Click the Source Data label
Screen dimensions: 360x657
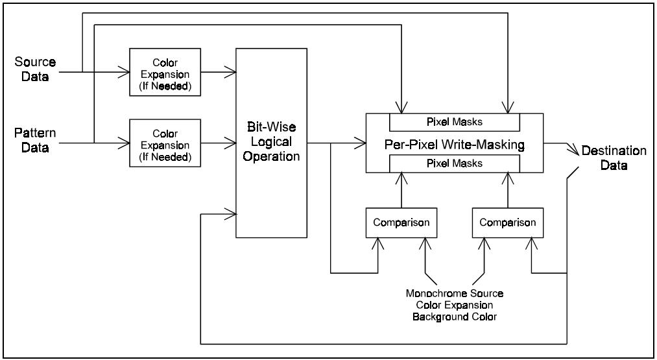(35, 68)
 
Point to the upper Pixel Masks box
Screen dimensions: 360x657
(454, 122)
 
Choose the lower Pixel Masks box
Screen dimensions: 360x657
(454, 163)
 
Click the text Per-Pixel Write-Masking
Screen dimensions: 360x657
(454, 143)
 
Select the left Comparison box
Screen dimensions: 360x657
(401, 222)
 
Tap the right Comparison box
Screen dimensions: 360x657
(508, 222)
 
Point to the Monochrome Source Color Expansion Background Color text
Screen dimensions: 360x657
(454, 305)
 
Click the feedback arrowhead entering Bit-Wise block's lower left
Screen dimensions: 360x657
(231, 213)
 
